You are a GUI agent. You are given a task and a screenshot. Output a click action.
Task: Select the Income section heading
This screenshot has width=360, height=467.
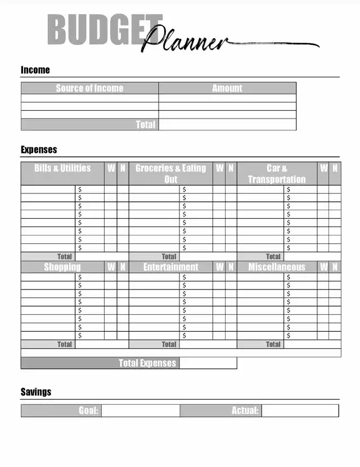[35, 70]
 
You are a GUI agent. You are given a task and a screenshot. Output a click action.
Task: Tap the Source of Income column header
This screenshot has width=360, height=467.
[89, 88]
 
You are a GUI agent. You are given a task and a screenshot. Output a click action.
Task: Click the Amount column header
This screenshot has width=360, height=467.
[227, 88]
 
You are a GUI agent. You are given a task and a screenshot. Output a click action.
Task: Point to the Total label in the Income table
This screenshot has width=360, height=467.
[145, 125]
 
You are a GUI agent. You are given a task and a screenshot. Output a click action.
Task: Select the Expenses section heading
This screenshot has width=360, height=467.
[39, 149]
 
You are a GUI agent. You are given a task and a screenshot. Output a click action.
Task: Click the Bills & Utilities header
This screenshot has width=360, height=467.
[62, 169]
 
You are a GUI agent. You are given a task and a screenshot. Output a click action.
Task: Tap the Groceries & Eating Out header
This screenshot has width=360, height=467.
[170, 174]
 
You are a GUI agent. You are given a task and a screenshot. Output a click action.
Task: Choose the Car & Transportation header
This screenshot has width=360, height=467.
[277, 174]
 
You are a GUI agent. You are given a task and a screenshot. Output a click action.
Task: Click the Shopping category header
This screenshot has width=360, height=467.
[62, 267]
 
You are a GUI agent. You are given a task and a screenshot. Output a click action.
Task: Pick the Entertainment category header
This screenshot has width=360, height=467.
[170, 267]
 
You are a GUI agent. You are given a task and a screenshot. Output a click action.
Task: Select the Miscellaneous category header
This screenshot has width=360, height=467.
[277, 267]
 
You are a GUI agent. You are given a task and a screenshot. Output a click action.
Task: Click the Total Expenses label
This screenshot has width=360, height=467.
[147, 363]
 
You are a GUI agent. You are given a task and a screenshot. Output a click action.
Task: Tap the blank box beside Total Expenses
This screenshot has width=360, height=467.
[208, 363]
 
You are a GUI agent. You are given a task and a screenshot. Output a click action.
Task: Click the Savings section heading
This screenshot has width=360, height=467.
[36, 392]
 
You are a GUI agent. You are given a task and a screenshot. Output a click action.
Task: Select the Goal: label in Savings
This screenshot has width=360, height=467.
[88, 411]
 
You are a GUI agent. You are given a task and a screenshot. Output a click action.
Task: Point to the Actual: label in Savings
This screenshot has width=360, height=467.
[245, 411]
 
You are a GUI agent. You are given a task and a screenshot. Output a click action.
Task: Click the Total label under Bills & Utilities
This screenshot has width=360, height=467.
[65, 257]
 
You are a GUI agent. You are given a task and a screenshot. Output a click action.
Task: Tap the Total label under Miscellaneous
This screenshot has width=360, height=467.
[273, 344]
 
